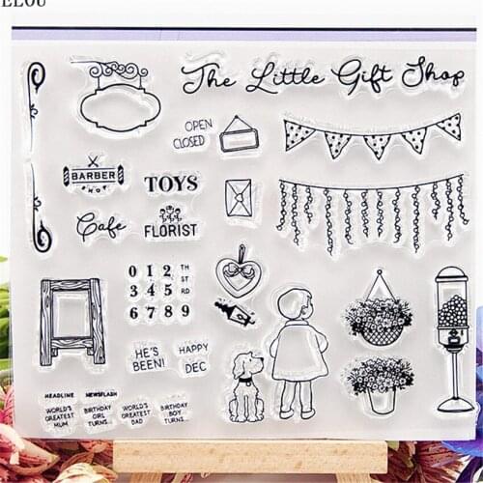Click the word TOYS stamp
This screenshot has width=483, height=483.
click(x=171, y=183)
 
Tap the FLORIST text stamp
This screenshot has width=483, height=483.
click(x=170, y=231)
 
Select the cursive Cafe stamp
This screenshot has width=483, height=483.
click(x=100, y=226)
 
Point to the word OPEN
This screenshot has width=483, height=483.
click(x=198, y=125)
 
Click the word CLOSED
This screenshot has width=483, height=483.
click(x=190, y=142)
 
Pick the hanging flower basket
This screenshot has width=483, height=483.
click(x=380, y=315)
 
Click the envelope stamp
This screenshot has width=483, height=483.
click(x=239, y=198)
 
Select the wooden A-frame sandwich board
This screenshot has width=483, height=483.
click(x=71, y=321)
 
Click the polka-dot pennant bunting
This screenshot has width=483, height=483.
click(x=371, y=135)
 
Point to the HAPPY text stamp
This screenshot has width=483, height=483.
click(x=193, y=347)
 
